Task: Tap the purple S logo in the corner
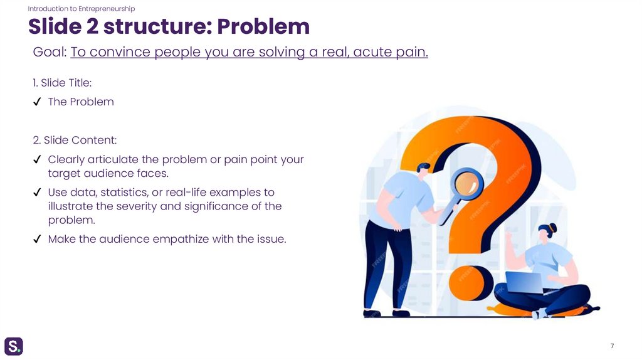(14, 346)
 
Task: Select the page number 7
(611, 346)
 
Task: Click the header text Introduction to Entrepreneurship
(82, 9)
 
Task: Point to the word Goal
(49, 53)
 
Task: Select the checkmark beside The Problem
(37, 102)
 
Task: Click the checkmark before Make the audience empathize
(37, 239)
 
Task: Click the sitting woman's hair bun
(552, 226)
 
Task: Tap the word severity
(138, 206)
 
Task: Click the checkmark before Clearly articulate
(37, 159)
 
